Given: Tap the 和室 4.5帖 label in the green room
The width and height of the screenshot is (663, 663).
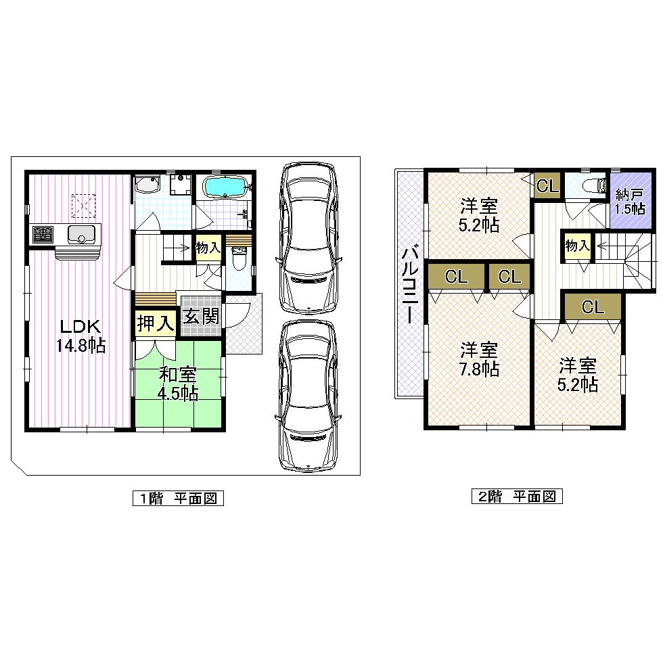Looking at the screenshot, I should pos(178,383).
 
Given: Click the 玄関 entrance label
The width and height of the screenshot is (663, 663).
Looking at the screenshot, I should pos(201,315).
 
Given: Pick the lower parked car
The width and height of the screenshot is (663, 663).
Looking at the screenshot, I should pos(308,396).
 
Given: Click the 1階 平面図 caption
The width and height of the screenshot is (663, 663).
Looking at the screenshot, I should pos(178,499).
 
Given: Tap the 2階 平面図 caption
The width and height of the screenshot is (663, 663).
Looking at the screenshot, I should pos(517,497).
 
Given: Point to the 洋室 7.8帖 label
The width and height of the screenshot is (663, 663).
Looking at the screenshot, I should pos(480,359).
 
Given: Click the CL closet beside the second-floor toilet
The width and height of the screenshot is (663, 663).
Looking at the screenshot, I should pos(547,186).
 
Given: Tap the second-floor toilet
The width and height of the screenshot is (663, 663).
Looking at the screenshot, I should pos(587,187).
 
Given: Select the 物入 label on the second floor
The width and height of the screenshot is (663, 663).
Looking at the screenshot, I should pos(577,246).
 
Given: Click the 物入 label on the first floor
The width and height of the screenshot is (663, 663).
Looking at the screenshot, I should pos(208,247).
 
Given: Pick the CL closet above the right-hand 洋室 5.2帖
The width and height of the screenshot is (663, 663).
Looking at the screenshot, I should pos(593,307).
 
